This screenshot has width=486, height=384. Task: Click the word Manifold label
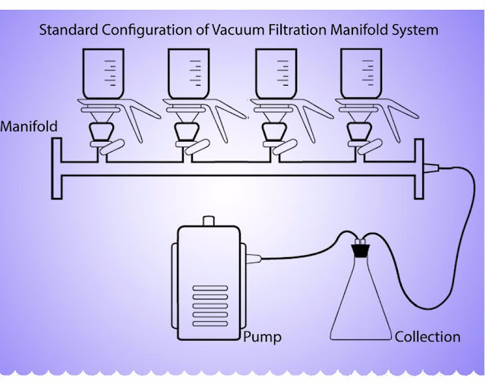(x=29, y=127)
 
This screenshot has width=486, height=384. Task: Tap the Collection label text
(x=428, y=336)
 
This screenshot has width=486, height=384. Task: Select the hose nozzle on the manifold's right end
(x=433, y=168)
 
